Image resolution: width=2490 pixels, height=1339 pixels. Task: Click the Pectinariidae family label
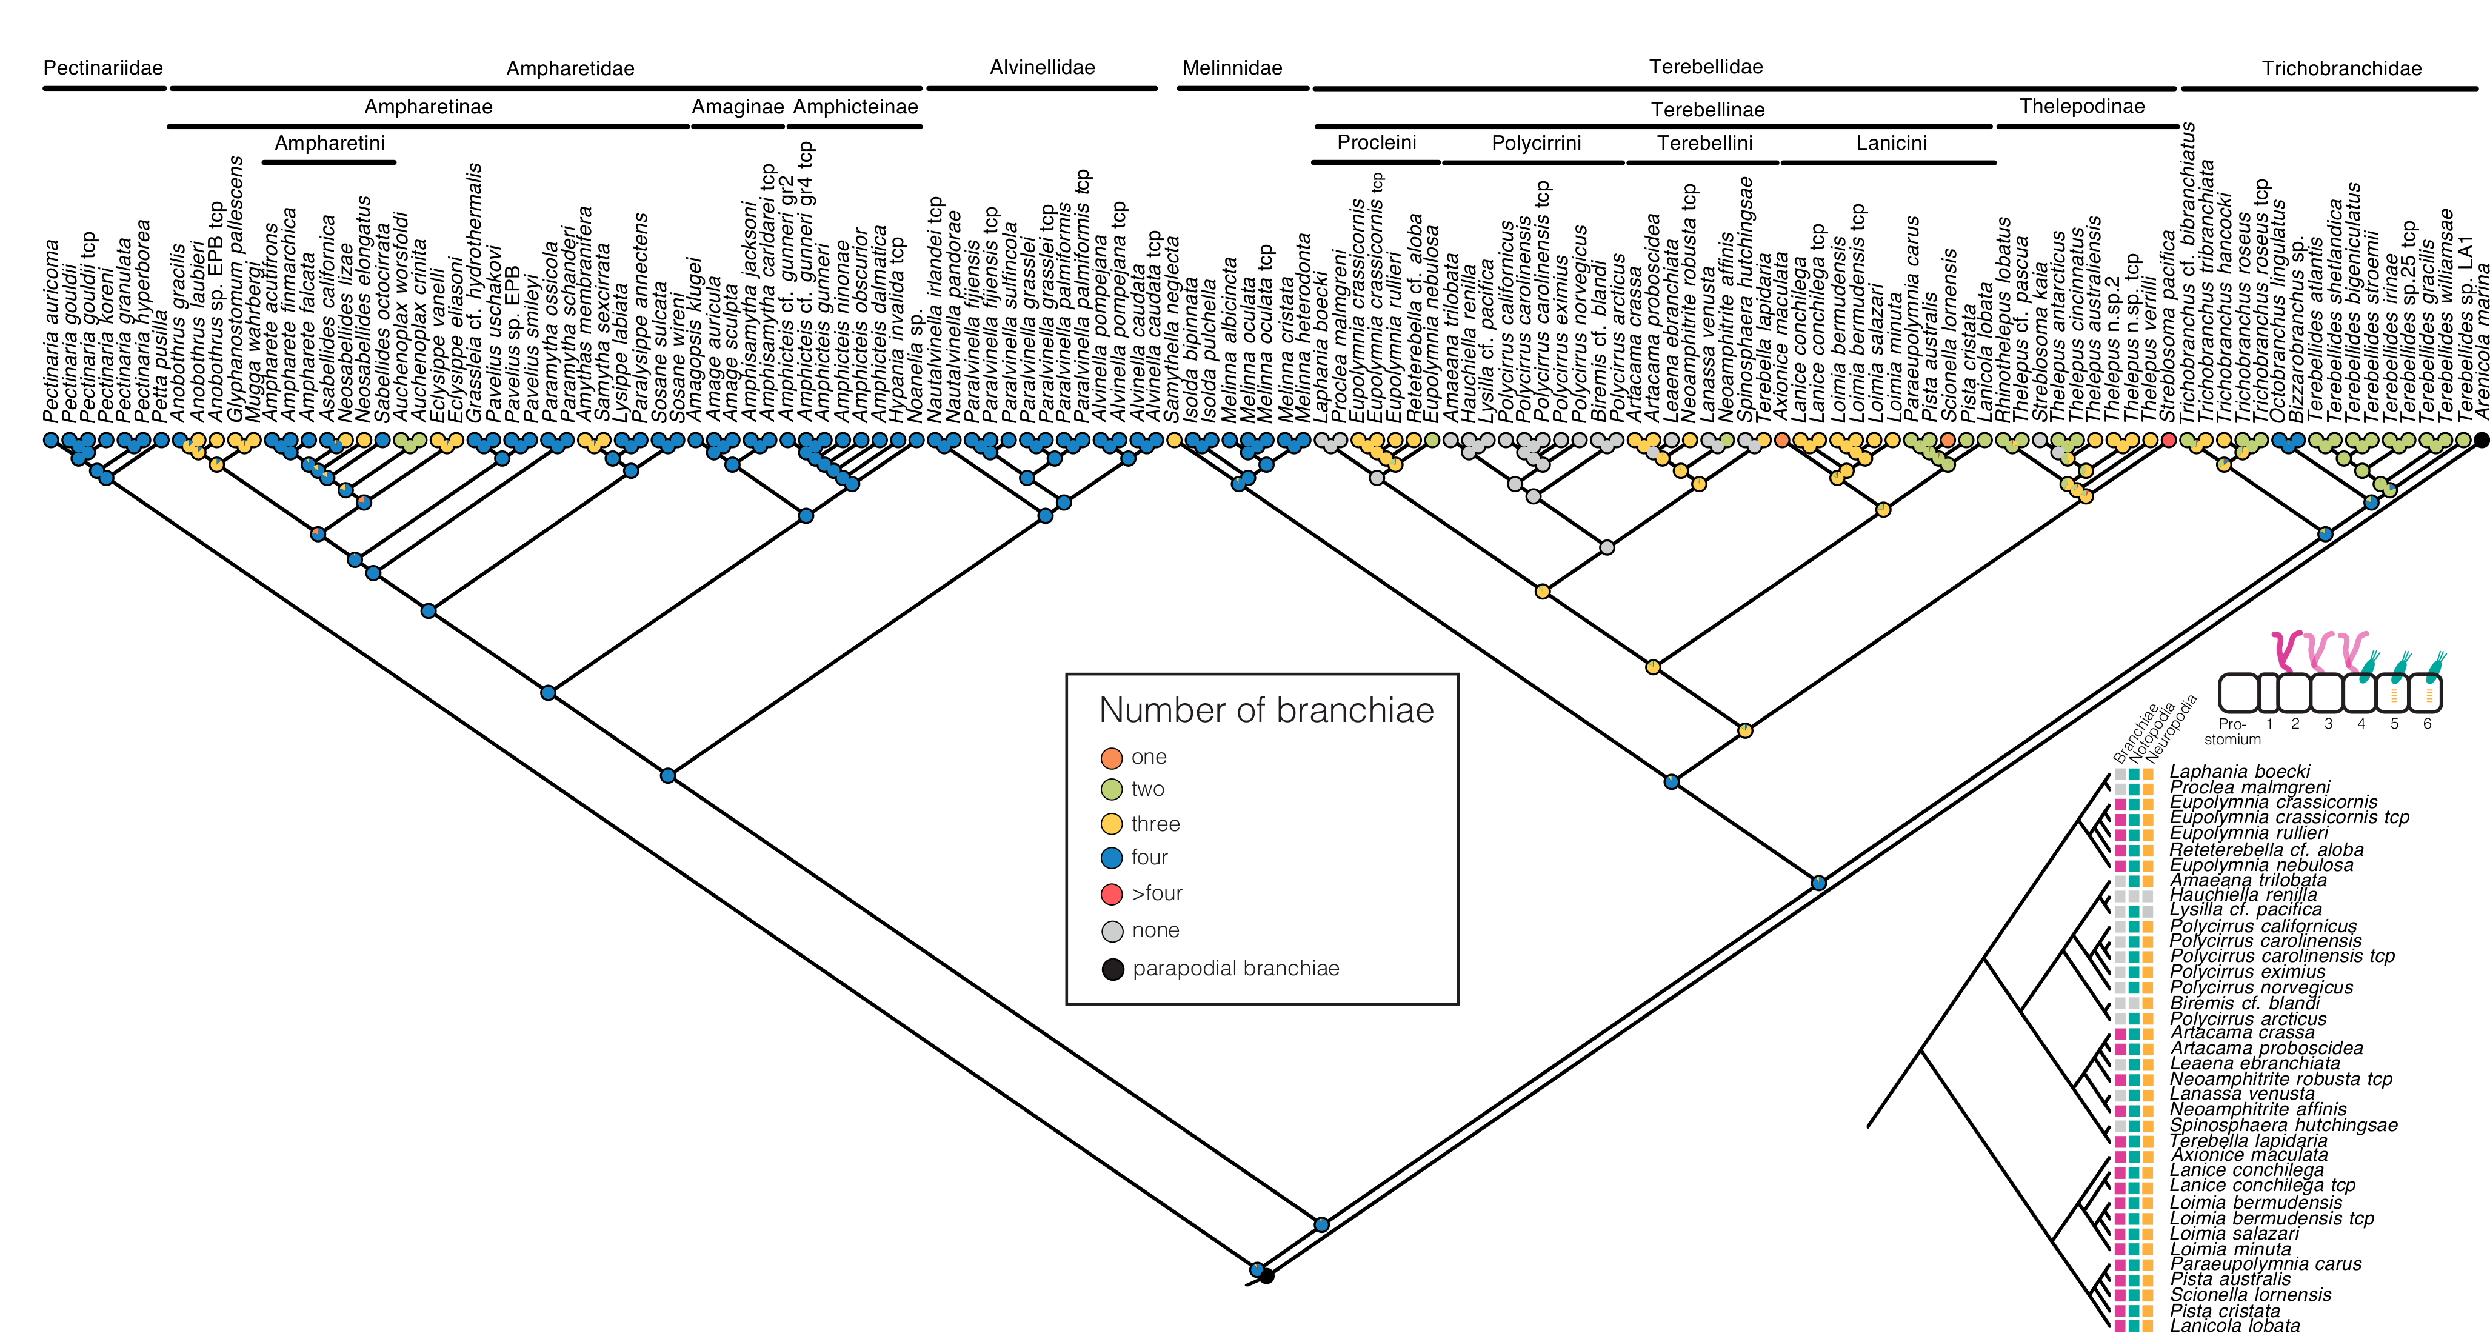coord(102,68)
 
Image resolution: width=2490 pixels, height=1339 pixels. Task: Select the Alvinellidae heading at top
coord(1042,68)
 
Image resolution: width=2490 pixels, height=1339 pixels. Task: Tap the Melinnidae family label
coord(1232,68)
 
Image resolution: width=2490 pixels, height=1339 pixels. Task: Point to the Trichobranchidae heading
coord(2341,68)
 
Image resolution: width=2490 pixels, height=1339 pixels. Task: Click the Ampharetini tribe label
coord(330,143)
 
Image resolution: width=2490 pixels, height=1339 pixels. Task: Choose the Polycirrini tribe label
coord(1536,143)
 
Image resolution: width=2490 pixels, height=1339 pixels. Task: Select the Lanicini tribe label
coord(1891,143)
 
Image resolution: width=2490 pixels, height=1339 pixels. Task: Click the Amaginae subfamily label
coord(738,106)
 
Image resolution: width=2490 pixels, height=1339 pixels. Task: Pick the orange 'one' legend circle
coord(1112,758)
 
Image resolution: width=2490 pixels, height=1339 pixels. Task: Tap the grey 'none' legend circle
coord(1112,931)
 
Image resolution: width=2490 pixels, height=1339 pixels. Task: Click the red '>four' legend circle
coord(1112,894)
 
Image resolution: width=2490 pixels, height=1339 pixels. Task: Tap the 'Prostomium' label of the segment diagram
coord(2232,731)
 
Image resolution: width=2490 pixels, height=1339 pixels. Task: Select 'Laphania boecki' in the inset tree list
coord(2238,772)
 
